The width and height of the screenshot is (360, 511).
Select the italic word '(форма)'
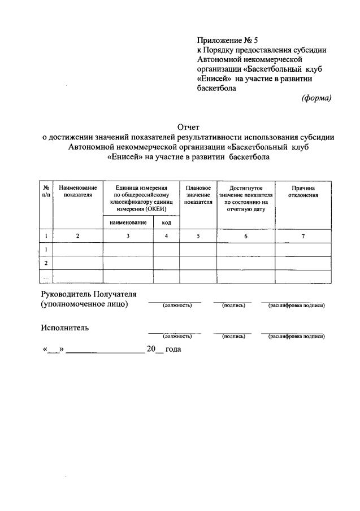317,97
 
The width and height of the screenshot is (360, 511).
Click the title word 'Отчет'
189,127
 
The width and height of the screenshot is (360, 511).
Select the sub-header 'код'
166,222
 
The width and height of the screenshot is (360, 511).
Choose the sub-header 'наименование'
128,222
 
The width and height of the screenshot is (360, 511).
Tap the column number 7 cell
303,237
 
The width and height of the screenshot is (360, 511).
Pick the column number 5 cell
198,237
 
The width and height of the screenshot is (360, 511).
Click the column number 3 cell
128,237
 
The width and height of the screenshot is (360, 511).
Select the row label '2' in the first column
46,263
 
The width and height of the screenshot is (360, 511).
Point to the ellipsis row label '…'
46,277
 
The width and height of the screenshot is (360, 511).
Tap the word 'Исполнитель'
64,327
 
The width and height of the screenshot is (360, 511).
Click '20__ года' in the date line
164,350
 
